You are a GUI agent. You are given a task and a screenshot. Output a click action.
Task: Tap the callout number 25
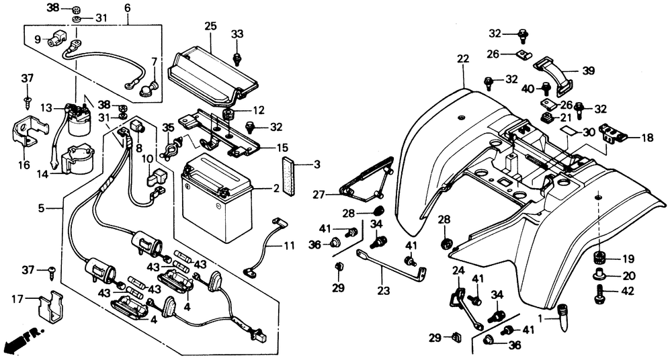[x=210, y=26]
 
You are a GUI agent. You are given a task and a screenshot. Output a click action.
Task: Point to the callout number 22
[x=462, y=60]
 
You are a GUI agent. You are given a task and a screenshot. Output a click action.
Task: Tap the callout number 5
[x=42, y=208]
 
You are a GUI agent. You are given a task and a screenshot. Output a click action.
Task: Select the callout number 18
[x=646, y=138]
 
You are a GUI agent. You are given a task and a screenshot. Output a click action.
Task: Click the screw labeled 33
[x=237, y=58]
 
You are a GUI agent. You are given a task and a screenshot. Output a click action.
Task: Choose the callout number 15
[x=282, y=148]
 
